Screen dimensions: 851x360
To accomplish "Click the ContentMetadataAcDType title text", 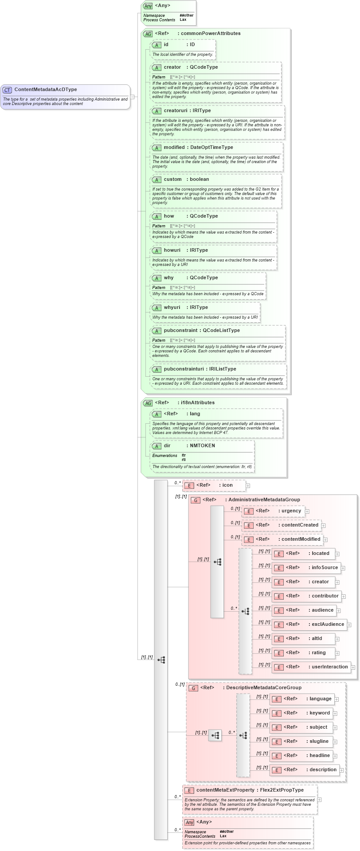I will (46, 90).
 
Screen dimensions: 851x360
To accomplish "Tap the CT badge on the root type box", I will (7, 90).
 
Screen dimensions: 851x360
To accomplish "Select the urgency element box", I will (274, 511).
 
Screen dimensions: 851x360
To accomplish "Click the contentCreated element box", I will (282, 525).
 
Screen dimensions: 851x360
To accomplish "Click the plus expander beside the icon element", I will (248, 486).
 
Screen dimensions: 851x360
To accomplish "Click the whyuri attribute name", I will (172, 307).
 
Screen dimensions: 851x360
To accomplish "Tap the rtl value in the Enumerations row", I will (184, 460).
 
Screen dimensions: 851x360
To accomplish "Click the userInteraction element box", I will (311, 667).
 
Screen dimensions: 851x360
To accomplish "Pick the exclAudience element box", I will (309, 625).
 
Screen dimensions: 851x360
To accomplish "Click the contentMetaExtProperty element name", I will (225, 790).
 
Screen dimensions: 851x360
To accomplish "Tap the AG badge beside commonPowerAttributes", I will (148, 34).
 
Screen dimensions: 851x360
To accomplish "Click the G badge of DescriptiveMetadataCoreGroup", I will (193, 688).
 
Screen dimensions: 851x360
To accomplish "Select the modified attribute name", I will (174, 147).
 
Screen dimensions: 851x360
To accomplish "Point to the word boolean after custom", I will (200, 179).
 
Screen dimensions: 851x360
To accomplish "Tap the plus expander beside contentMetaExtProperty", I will (320, 800).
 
